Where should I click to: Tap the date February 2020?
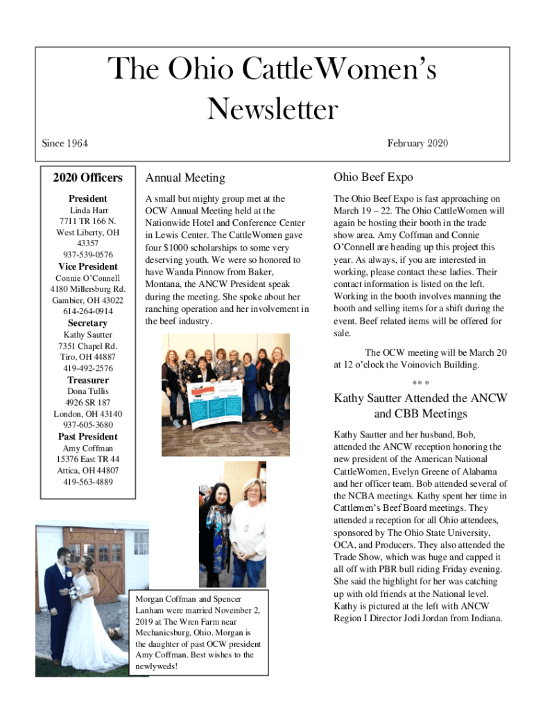[x=417, y=144]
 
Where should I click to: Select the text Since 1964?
[x=64, y=144]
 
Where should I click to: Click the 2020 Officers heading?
[x=87, y=178]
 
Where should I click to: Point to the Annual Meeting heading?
[x=184, y=178]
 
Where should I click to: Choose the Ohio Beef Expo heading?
[x=373, y=177]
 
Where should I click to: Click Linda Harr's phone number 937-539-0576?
[x=87, y=255]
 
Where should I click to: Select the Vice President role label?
[x=87, y=267]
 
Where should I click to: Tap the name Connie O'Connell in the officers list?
[x=87, y=278]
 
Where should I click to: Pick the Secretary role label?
[x=87, y=323]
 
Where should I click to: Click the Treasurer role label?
[x=87, y=380]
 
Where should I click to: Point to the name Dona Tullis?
[x=87, y=391]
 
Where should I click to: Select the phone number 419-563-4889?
[x=87, y=481]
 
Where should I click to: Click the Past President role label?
[x=87, y=437]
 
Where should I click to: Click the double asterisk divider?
[x=420, y=383]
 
